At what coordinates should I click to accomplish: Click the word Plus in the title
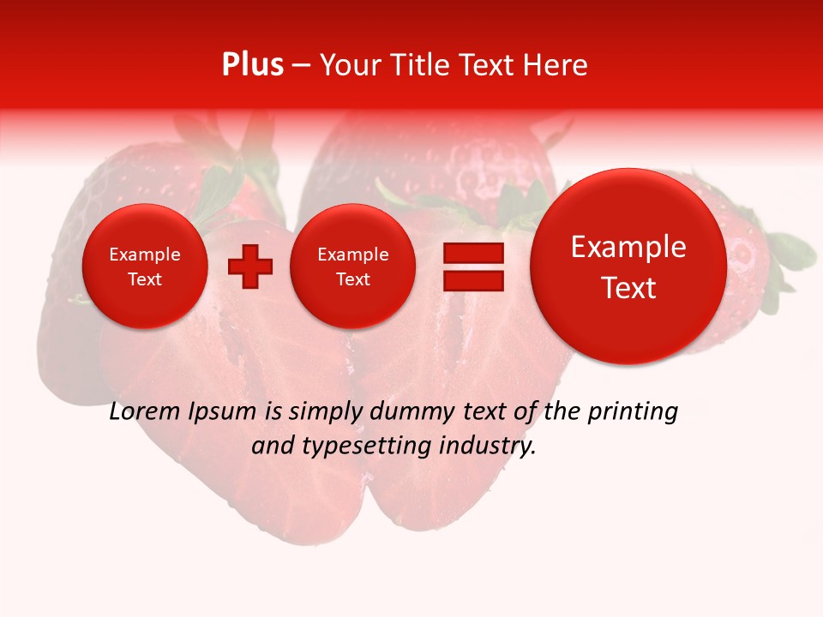(x=252, y=65)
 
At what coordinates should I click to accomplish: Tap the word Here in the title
(x=555, y=65)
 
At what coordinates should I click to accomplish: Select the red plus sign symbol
(x=249, y=267)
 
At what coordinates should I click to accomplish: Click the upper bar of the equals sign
(x=472, y=254)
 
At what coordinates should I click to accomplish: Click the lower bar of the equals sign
(x=472, y=282)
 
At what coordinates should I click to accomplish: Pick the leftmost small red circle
(x=145, y=267)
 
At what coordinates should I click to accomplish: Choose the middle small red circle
(x=353, y=267)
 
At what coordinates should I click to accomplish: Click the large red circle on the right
(x=628, y=267)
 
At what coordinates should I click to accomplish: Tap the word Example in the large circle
(x=628, y=247)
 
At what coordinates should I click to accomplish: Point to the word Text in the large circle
(x=628, y=288)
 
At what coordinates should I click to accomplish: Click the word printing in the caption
(x=632, y=413)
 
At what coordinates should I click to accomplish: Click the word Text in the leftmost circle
(x=145, y=279)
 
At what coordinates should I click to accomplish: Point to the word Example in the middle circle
(x=353, y=255)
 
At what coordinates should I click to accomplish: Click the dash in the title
(x=301, y=66)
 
